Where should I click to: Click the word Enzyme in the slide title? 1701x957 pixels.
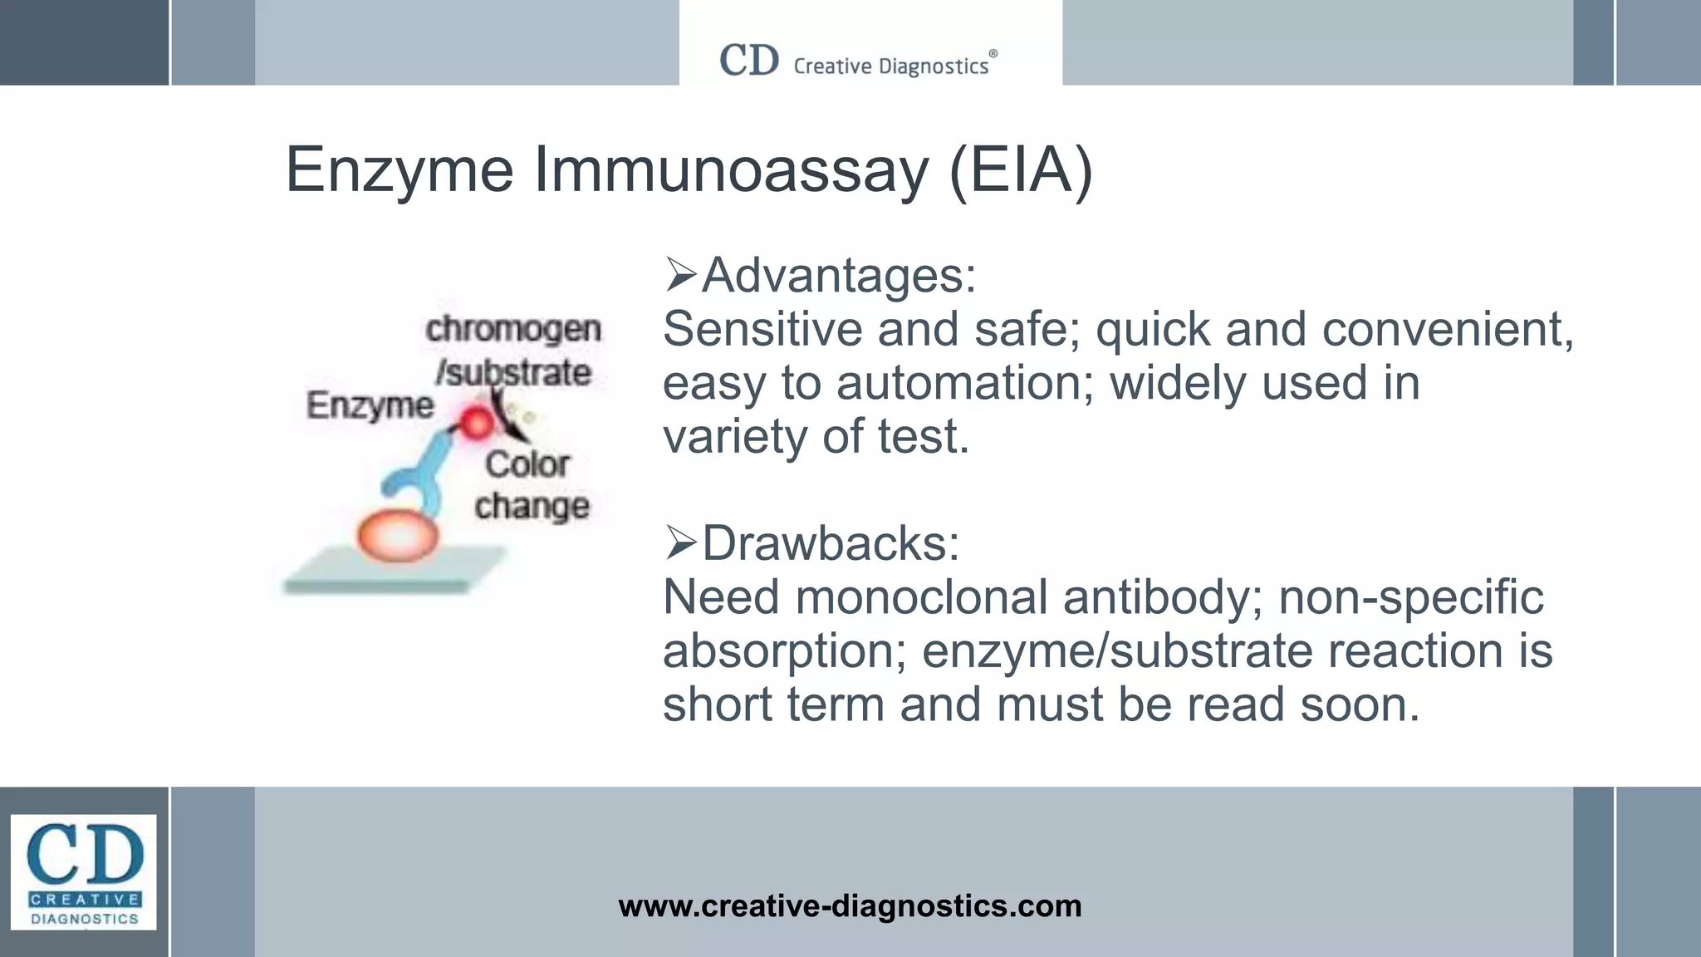tap(400, 171)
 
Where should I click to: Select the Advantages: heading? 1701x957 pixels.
tap(838, 276)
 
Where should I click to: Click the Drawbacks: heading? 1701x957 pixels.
tap(831, 544)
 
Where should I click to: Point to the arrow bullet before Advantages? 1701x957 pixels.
tap(680, 275)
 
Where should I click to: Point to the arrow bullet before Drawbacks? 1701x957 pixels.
tap(680, 543)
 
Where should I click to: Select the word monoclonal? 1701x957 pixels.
tap(921, 598)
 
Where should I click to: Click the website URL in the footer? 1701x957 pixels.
tap(850, 905)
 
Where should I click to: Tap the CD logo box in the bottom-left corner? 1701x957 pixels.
tap(83, 871)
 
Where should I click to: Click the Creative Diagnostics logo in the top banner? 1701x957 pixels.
tap(858, 61)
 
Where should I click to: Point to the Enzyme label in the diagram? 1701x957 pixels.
tap(370, 406)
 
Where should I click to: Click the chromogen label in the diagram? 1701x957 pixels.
tap(513, 330)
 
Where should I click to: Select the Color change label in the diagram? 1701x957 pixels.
tap(530, 485)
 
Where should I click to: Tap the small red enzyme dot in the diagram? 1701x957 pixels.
tap(477, 423)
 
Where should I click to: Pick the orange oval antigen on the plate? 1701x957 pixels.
tap(398, 536)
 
